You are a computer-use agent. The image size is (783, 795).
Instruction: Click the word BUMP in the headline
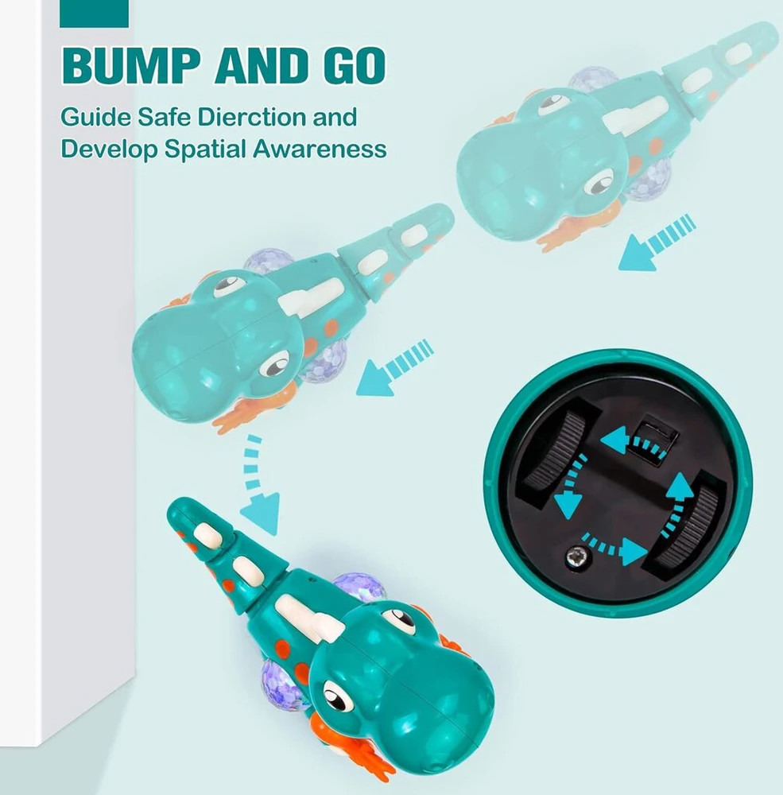[x=133, y=65]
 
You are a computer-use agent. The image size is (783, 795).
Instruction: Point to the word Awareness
[x=320, y=149]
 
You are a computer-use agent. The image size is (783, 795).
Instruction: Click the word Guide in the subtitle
[x=96, y=117]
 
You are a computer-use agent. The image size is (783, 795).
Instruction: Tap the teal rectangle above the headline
[x=95, y=14]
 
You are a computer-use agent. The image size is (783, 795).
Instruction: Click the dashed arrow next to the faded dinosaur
[x=657, y=242]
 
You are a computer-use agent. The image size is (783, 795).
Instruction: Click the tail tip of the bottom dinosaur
[x=176, y=508]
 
